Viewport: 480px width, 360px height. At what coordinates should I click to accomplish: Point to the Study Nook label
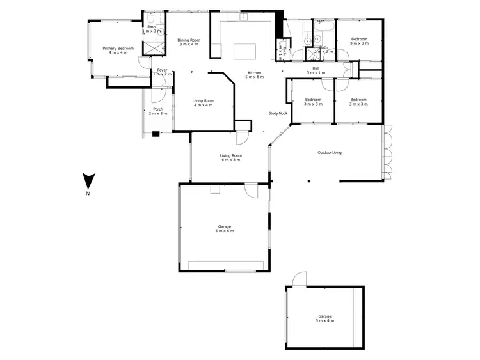coord(278,113)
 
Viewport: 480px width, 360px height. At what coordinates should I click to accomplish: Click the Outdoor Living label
coord(330,152)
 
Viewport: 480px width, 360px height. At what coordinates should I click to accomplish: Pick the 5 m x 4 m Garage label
coord(325,318)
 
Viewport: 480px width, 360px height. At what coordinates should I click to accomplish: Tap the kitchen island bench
coord(244,51)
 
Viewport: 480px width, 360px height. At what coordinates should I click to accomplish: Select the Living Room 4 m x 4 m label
coord(204,102)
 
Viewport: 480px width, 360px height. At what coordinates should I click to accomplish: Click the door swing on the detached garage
coord(299,279)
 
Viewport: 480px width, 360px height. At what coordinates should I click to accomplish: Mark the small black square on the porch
coord(155,134)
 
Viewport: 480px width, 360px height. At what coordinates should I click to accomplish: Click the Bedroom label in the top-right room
coord(358,42)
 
